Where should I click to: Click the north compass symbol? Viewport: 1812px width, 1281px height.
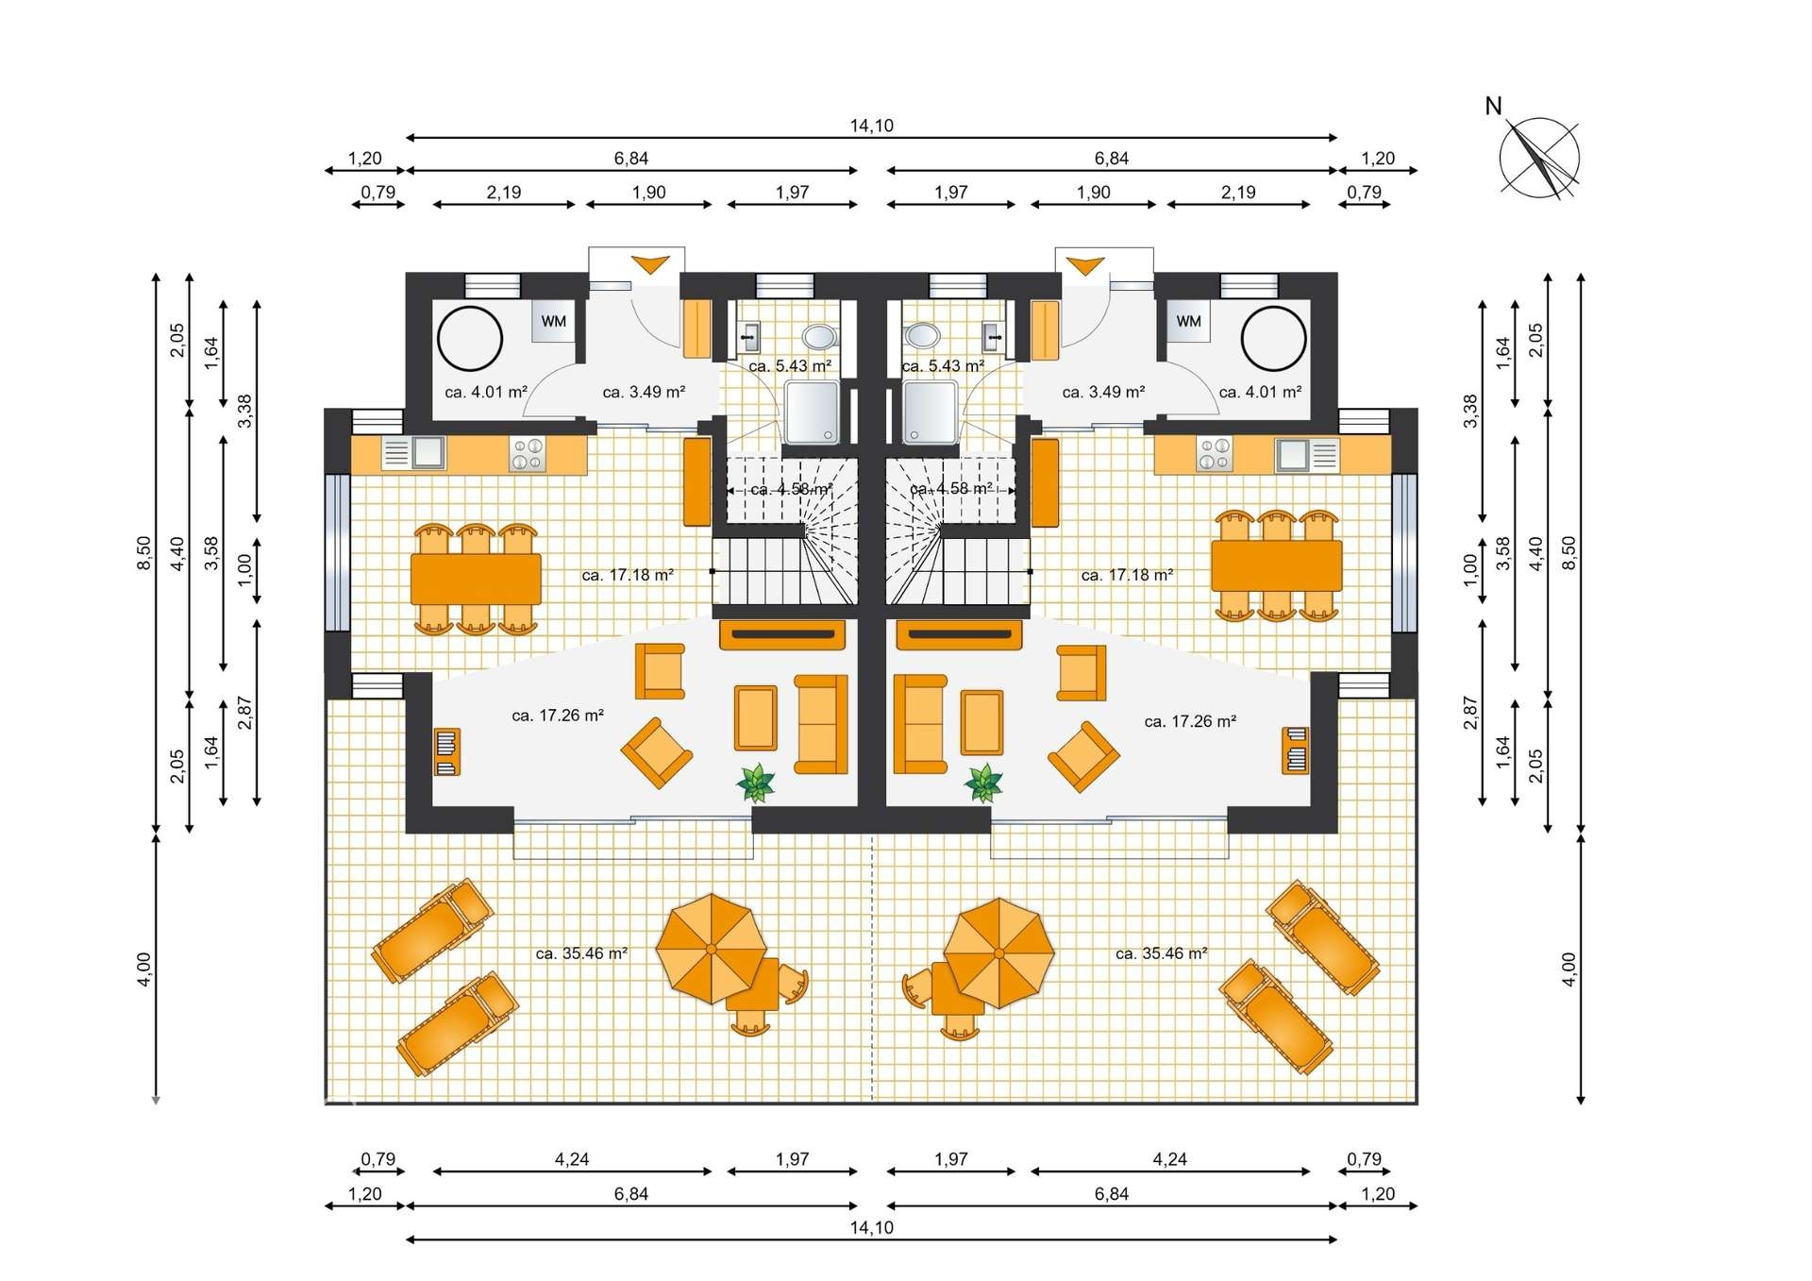1538,158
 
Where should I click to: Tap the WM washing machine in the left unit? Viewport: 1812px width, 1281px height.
553,321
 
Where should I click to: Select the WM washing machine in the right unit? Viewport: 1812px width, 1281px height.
1188,321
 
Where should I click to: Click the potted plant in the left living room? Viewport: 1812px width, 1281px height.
756,783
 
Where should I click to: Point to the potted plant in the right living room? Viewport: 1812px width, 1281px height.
983,783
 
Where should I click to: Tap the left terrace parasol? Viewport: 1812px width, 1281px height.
711,949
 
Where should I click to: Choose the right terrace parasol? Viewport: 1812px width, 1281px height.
998,953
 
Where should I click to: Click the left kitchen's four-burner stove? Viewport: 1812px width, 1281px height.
527,454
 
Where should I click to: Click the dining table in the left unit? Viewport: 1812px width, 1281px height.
476,579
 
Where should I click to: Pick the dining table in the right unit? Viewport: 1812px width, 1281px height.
1276,565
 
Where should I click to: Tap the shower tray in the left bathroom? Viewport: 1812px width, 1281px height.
811,412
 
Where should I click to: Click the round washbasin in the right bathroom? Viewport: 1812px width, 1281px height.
922,335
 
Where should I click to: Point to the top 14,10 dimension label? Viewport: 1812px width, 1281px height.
871,126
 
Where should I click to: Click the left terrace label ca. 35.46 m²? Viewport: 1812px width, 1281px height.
581,953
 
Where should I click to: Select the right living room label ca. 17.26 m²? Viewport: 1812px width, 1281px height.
1189,721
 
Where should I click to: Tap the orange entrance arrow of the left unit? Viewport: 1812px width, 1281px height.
650,264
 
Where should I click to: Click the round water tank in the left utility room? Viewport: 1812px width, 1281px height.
469,338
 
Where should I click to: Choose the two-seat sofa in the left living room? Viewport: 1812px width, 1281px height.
820,724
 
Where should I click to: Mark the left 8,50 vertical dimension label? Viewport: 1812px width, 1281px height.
143,553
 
